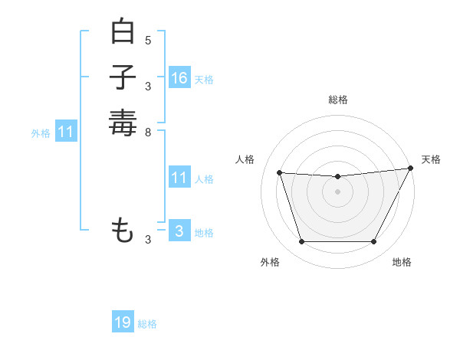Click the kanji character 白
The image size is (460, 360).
click(x=123, y=32)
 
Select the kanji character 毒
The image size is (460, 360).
click(x=123, y=123)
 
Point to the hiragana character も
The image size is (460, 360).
click(x=123, y=231)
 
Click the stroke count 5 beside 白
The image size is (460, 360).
click(x=148, y=40)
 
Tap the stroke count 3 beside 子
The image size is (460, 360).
click(x=148, y=86)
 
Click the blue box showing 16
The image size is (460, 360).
click(x=179, y=78)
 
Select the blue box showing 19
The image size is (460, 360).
click(x=123, y=322)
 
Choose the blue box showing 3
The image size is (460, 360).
click(x=179, y=231)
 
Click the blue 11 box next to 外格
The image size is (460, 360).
click(x=66, y=132)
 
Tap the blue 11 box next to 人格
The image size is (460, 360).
click(x=179, y=178)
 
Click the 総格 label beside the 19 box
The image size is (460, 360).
click(x=147, y=324)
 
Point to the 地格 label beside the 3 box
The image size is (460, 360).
click(x=204, y=233)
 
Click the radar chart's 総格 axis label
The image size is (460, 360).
click(x=337, y=100)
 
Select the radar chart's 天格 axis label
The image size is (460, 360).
click(x=431, y=159)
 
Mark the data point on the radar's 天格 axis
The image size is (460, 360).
click(x=412, y=169)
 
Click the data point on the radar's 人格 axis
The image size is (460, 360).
click(x=279, y=173)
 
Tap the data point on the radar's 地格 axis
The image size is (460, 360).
click(x=373, y=242)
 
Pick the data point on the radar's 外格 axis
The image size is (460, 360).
click(x=301, y=242)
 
